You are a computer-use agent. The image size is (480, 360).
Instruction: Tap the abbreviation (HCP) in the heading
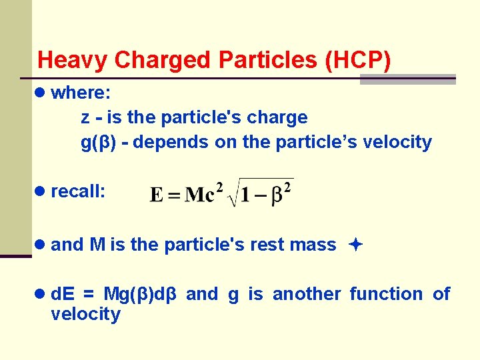click(x=358, y=60)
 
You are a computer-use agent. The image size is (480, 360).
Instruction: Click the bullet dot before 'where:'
click(x=41, y=93)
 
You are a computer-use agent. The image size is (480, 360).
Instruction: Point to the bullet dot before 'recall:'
click(x=41, y=192)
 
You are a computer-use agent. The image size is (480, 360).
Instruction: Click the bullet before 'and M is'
click(x=41, y=245)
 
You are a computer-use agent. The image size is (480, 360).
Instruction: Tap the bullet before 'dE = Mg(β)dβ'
click(x=41, y=294)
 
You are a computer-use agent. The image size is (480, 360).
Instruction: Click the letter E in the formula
click(x=157, y=195)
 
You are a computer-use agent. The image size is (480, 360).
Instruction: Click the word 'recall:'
click(x=78, y=192)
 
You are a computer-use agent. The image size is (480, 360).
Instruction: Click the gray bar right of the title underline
click(x=407, y=79)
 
